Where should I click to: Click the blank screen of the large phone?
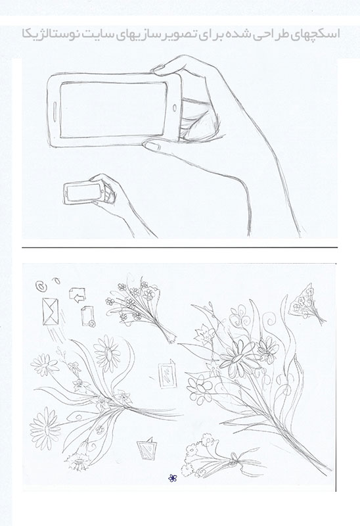click(114, 110)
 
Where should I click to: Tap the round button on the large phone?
click(175, 108)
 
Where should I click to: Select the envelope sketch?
click(51, 312)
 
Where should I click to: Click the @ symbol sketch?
click(40, 286)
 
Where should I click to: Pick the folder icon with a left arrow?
click(78, 295)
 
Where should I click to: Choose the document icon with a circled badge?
click(88, 316)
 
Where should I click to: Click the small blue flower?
click(172, 478)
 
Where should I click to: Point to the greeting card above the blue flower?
click(147, 448)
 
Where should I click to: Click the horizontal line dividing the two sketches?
click(179, 248)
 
